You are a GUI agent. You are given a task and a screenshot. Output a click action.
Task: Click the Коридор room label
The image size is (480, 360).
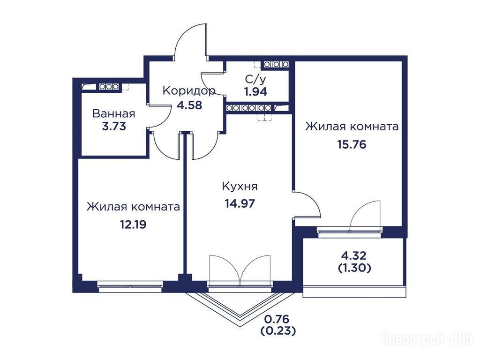(189, 91)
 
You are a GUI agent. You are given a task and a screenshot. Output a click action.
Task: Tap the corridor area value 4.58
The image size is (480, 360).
(189, 105)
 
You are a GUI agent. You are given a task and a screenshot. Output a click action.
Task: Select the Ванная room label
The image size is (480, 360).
(113, 113)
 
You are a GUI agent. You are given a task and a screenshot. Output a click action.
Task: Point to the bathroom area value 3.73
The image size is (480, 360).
(114, 127)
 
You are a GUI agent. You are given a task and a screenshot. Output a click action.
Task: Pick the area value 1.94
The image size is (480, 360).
(255, 91)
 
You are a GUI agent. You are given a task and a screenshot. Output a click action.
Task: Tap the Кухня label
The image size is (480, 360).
(240, 186)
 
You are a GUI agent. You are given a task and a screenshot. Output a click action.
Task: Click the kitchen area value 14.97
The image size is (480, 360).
(240, 203)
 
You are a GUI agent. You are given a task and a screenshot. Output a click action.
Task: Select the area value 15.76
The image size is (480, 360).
(352, 144)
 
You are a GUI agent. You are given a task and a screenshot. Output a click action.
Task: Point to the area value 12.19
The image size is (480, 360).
(133, 225)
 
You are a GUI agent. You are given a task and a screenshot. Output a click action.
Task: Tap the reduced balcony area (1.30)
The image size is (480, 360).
(355, 268)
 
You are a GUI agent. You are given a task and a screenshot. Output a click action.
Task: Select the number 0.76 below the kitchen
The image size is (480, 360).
(277, 319)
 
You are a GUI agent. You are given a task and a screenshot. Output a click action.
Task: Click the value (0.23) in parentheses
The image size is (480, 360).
(278, 331)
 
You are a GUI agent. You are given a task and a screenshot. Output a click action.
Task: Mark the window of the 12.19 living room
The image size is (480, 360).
(130, 285)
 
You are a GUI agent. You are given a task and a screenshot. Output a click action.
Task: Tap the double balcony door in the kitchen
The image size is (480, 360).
(240, 270)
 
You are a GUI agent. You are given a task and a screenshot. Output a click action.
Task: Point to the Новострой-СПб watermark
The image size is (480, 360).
(427, 339)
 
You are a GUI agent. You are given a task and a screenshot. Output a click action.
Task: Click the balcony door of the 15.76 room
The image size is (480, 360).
(365, 216)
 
